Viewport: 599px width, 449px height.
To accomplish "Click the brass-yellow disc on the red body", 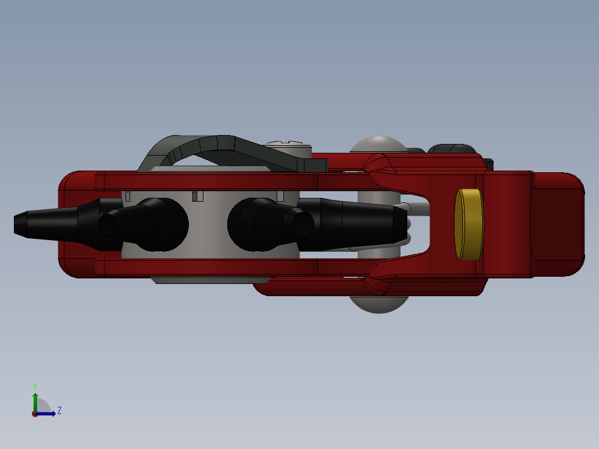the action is [x=469, y=225].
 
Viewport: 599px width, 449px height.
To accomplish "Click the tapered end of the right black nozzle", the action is [x=405, y=225].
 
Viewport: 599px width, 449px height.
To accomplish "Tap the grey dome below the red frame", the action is [x=379, y=305].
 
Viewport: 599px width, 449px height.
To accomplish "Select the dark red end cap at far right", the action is [x=558, y=225].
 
